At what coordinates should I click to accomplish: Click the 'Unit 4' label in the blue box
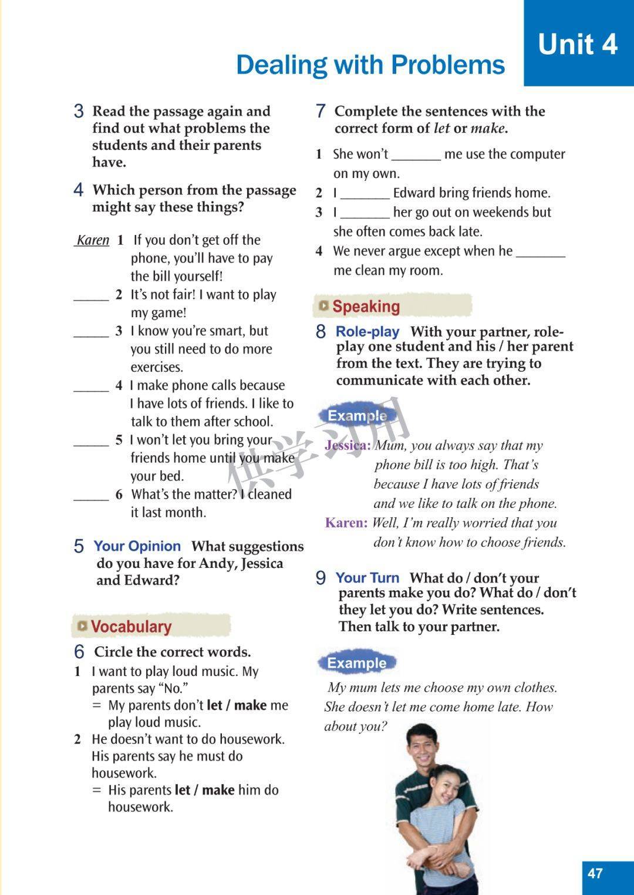click(578, 44)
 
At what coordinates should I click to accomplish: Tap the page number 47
click(595, 873)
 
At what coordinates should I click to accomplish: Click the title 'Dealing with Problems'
click(370, 65)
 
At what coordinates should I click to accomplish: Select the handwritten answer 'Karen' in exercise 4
click(93, 240)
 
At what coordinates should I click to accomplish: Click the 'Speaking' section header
click(366, 306)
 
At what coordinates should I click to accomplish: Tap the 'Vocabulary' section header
click(131, 627)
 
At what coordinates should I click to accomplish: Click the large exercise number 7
click(321, 110)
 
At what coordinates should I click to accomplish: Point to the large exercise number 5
click(79, 546)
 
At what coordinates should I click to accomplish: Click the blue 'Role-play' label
click(367, 331)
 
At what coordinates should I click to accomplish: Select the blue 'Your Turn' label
click(367, 578)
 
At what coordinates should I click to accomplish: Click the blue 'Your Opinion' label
click(137, 546)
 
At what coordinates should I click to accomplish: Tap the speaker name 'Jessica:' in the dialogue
click(348, 445)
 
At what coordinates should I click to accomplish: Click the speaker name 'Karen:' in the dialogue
click(346, 523)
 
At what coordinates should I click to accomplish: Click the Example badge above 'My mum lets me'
click(356, 663)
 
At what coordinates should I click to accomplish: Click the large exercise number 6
click(79, 651)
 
